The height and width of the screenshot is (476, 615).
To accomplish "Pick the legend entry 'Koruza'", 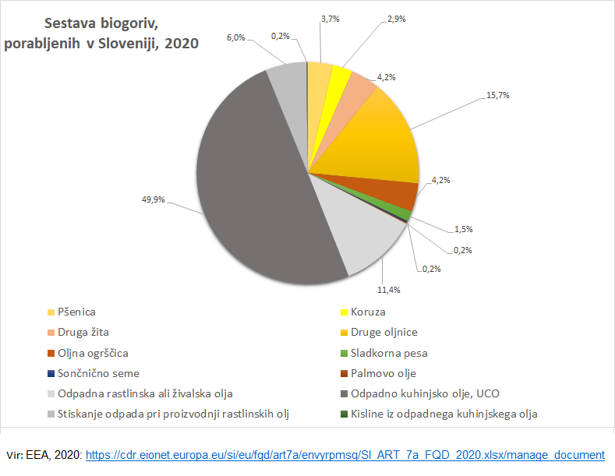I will tap(369, 312).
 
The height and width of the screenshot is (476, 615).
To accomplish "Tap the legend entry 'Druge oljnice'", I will tap(386, 332).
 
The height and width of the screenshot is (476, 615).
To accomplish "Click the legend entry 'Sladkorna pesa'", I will tap(389, 353).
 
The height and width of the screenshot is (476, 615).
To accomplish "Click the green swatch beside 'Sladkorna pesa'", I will tap(344, 353).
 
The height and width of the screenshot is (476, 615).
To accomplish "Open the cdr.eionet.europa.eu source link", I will tap(345, 454).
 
